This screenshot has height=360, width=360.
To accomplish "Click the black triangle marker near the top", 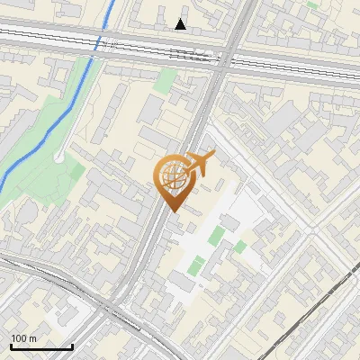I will point(181,24).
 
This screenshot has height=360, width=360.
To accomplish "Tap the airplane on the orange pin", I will point(199,164).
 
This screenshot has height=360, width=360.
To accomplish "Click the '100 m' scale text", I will point(23,338).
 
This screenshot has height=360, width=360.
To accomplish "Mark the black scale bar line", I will point(41,346).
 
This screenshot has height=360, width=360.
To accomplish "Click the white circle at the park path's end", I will point(58,156).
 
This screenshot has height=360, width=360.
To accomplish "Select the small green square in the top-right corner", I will point(312,4).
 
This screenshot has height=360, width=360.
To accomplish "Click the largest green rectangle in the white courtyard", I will point(217,236).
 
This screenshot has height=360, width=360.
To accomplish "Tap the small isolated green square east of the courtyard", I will point(240,246).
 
